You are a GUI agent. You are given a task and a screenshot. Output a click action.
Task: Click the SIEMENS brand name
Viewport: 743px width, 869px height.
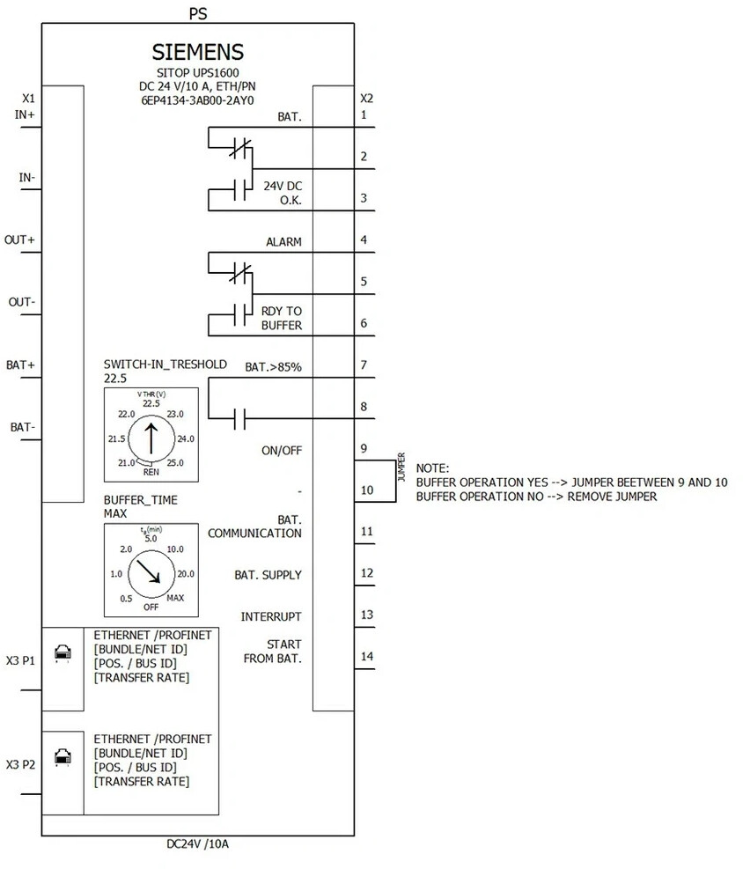click(x=198, y=52)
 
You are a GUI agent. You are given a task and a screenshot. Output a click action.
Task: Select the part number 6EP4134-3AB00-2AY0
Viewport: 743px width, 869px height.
click(x=197, y=100)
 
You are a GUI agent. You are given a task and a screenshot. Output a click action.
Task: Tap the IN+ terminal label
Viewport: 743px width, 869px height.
click(x=25, y=114)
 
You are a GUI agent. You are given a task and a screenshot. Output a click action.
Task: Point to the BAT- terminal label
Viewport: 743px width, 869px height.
click(x=22, y=427)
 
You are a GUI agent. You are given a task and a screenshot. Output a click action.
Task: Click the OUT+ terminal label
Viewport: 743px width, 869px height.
click(x=19, y=240)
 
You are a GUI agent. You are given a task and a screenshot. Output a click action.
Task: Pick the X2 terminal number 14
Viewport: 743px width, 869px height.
click(x=367, y=657)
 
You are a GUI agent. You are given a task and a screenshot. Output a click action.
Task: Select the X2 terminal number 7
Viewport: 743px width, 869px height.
click(x=364, y=365)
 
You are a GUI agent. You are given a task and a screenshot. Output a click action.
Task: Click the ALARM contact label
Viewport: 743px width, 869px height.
click(x=283, y=242)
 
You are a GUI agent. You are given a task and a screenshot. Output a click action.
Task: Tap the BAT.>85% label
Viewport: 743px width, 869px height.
click(x=273, y=367)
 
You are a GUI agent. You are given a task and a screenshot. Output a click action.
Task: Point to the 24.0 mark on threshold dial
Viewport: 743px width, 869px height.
click(x=186, y=439)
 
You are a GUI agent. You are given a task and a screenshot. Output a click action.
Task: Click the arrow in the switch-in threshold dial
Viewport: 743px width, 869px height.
click(x=151, y=439)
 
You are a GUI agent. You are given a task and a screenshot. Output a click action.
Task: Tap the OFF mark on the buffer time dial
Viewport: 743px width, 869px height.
click(x=151, y=607)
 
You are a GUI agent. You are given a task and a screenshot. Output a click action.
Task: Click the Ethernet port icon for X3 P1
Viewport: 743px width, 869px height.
click(x=63, y=653)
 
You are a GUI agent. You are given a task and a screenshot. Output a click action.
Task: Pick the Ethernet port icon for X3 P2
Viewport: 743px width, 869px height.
click(x=63, y=757)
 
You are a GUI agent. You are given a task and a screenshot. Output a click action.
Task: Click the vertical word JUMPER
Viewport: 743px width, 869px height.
click(x=401, y=468)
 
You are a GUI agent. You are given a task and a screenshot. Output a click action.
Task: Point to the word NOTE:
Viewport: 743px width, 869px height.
click(x=433, y=468)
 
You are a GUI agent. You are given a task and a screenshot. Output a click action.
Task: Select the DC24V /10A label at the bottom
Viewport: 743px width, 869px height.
click(x=198, y=844)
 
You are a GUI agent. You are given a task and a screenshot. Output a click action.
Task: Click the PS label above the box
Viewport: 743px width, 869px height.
click(x=198, y=14)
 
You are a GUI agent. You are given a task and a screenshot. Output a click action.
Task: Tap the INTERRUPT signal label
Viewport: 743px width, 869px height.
click(x=271, y=617)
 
